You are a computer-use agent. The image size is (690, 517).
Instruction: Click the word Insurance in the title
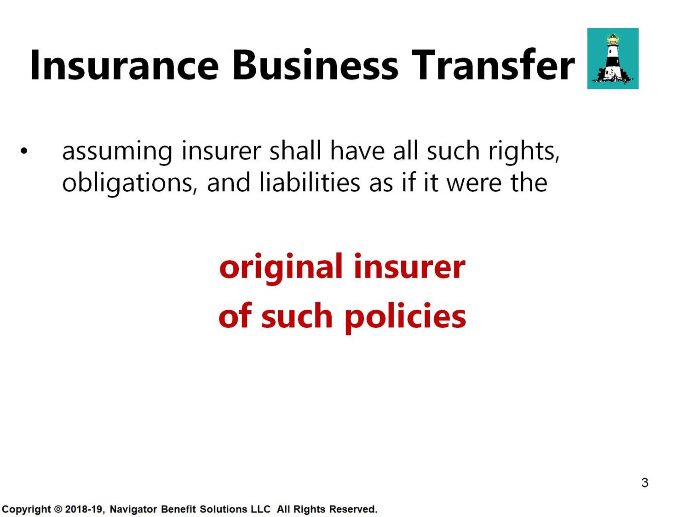[125, 65]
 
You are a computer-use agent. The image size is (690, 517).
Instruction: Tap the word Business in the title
[315, 65]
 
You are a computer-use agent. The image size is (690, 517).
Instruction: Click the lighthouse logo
[613, 58]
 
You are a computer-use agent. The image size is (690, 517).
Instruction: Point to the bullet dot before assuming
[24, 151]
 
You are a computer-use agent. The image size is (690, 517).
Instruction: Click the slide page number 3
[645, 483]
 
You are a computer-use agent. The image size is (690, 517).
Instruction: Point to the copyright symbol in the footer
[58, 509]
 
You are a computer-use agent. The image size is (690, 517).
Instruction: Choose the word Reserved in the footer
[353, 509]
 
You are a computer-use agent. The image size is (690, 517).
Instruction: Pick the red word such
[297, 316]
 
